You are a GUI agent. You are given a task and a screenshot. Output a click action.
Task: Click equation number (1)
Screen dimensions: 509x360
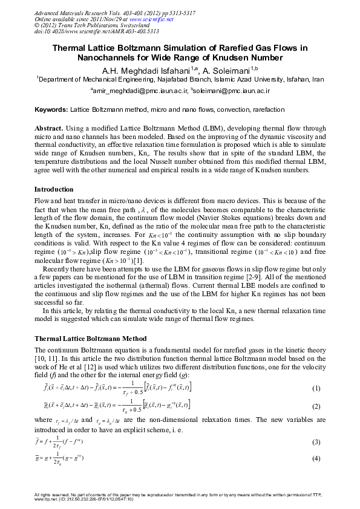click(316, 387)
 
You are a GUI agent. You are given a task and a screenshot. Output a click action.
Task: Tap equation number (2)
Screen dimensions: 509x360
click(316, 407)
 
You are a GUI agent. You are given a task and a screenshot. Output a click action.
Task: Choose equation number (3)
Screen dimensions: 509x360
click(316, 443)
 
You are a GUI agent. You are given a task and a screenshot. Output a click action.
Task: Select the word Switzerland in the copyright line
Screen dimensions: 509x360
click(124, 26)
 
